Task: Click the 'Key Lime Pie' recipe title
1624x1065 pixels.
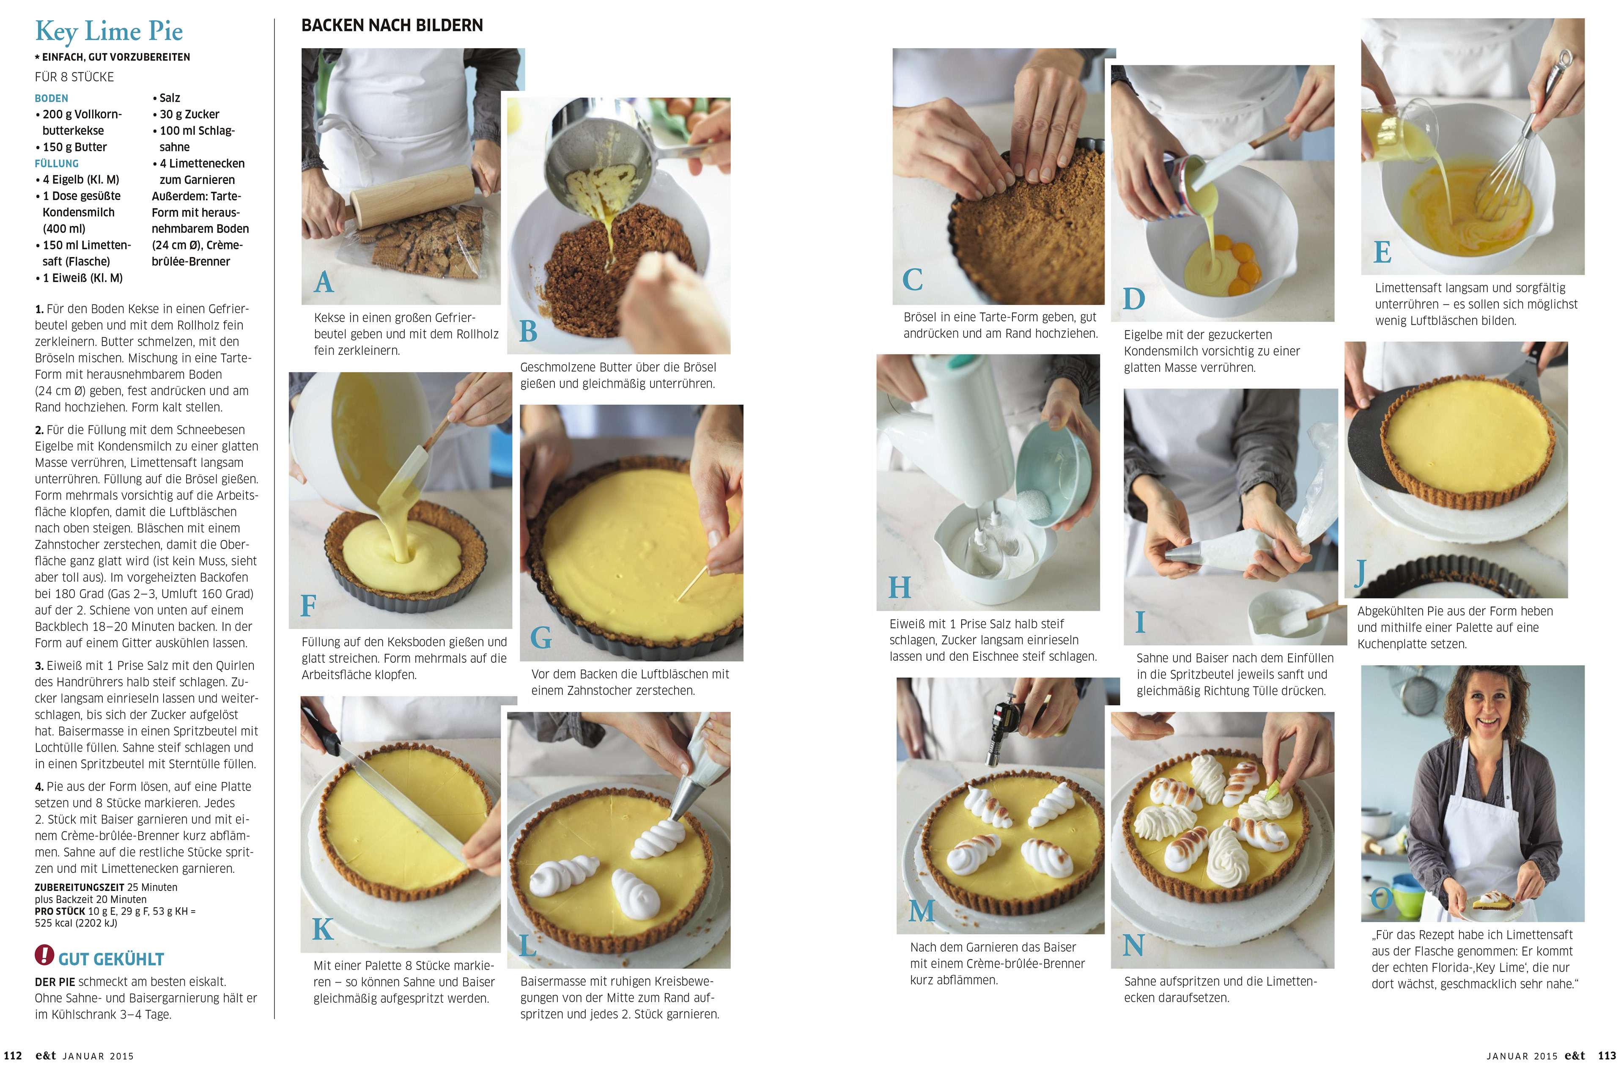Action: [109, 31]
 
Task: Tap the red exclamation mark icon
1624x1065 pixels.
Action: [44, 955]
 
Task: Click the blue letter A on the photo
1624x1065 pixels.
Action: [324, 282]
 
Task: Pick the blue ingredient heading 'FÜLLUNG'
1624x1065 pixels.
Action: [57, 164]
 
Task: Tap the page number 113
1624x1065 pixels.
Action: [1607, 1055]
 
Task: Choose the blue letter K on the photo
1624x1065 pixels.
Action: [323, 928]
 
